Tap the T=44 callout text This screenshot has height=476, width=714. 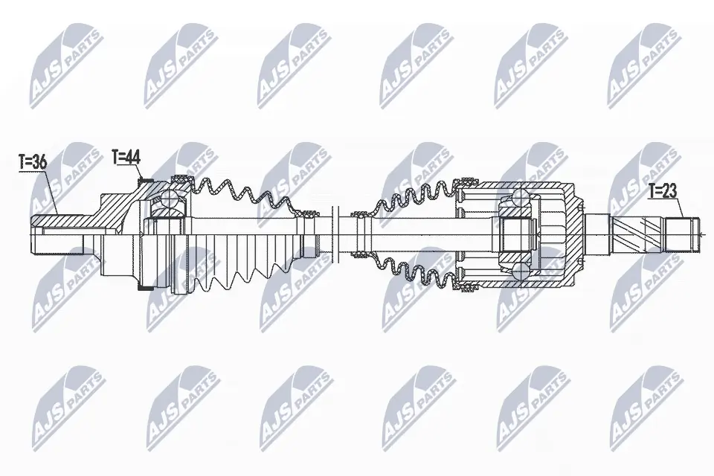(125, 157)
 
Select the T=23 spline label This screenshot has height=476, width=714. (663, 190)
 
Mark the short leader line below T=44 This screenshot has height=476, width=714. (138, 173)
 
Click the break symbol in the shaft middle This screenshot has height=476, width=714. (333, 233)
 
